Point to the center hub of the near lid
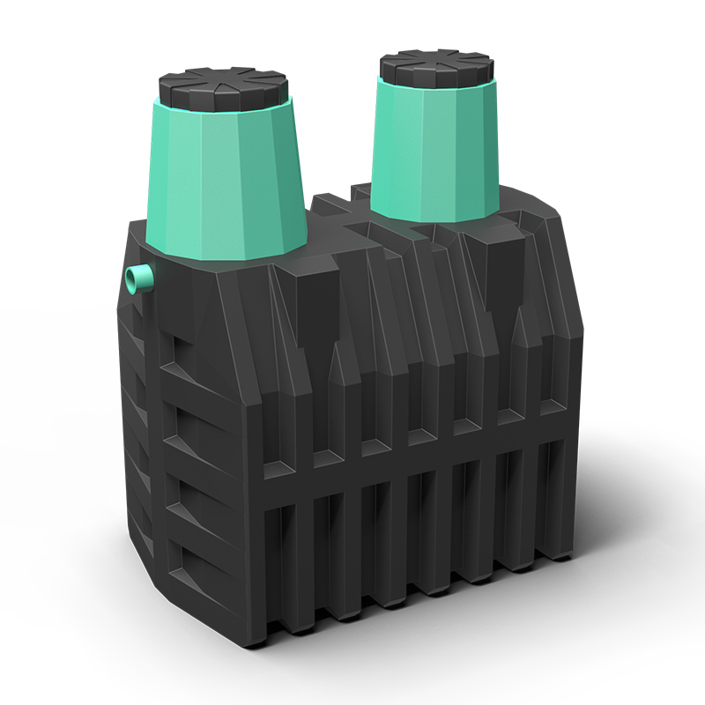[x=224, y=81]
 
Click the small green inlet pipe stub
[x=137, y=279]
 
